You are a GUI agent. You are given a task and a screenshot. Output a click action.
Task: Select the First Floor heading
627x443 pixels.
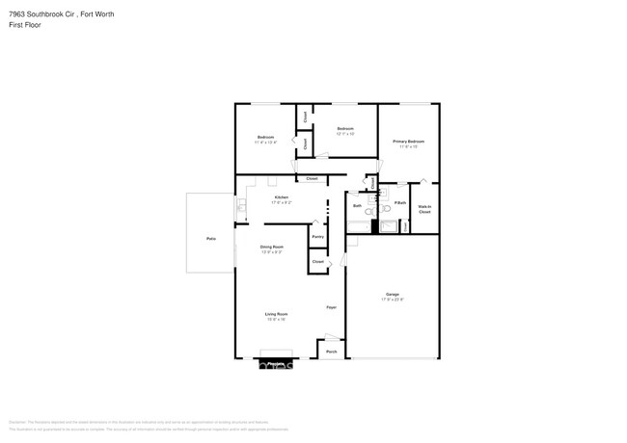(x=26, y=25)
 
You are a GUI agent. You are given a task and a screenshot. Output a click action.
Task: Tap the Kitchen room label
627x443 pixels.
(x=281, y=197)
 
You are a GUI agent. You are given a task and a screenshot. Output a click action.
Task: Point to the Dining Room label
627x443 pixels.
(x=272, y=247)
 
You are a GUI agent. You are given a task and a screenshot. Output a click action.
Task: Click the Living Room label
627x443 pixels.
(x=277, y=314)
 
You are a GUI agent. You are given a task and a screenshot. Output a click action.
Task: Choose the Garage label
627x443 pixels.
(x=393, y=294)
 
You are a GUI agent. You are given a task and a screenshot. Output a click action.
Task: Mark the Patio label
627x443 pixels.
(x=210, y=238)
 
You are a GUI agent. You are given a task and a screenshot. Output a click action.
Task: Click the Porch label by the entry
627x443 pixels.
(x=331, y=352)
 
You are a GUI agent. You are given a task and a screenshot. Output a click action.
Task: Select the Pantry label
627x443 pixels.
(x=317, y=235)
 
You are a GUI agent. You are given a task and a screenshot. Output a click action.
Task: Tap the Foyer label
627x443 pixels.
(x=330, y=307)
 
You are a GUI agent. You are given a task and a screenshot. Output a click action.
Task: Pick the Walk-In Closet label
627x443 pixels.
(x=424, y=209)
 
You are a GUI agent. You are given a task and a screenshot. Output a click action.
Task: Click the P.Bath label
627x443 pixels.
(x=399, y=202)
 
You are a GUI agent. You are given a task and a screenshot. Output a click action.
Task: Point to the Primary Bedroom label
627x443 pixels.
(x=408, y=142)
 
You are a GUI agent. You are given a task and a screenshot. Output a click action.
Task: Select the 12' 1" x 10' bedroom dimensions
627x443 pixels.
(x=345, y=134)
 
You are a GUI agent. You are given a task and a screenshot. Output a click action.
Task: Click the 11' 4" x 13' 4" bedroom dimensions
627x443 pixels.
(x=266, y=143)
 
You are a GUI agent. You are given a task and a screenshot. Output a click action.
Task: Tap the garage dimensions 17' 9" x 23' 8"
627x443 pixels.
(x=393, y=300)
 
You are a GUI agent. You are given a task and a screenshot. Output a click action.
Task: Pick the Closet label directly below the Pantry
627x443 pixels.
(x=317, y=261)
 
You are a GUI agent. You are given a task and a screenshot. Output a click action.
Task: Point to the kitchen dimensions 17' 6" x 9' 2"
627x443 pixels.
(x=281, y=203)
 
